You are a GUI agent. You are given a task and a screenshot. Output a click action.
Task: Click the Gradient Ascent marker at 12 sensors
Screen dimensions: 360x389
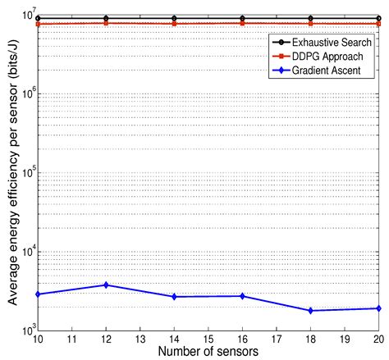[106, 285]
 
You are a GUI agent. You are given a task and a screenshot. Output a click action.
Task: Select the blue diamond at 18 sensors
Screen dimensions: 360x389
[310, 311]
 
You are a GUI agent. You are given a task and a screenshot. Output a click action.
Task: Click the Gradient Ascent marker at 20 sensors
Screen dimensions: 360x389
[378, 308]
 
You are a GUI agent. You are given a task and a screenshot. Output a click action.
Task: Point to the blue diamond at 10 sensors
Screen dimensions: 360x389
[38, 294]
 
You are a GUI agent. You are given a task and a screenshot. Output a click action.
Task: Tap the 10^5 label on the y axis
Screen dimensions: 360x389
[25, 173]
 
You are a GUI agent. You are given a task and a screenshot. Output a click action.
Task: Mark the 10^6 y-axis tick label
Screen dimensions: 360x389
[25, 93]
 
